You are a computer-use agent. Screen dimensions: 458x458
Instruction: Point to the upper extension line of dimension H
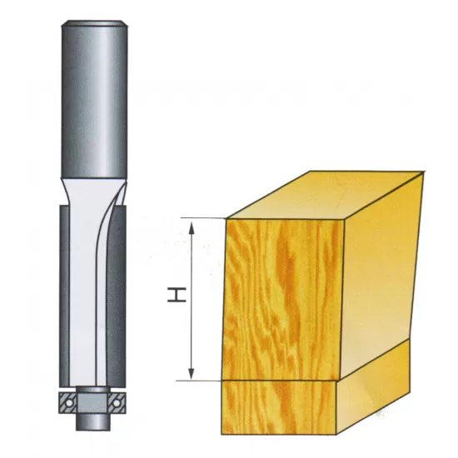204,219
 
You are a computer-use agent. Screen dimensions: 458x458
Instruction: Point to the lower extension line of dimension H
204,380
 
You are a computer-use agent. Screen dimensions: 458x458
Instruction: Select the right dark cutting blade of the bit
122,291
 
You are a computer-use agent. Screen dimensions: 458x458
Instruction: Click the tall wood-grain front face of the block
283,296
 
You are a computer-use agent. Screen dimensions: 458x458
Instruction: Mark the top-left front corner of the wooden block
227,220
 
